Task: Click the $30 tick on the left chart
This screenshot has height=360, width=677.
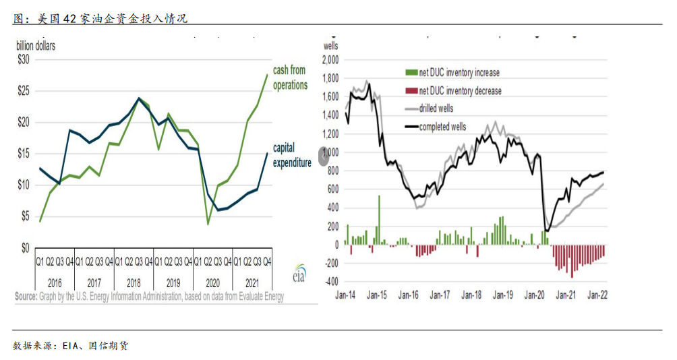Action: [23, 59]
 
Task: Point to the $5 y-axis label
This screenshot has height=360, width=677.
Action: [24, 216]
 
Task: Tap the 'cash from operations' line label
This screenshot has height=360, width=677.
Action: [290, 78]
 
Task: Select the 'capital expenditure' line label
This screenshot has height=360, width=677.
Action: [291, 155]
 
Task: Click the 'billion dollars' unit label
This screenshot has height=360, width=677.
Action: [36, 46]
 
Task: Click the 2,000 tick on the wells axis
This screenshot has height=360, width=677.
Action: [330, 60]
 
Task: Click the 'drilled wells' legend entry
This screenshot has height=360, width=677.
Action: [437, 109]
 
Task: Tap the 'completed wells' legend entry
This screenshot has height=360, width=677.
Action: [442, 127]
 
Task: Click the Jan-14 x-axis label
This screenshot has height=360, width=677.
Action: [346, 295]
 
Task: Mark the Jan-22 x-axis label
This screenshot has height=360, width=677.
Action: [599, 295]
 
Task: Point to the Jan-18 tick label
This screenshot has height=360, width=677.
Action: [472, 295]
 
